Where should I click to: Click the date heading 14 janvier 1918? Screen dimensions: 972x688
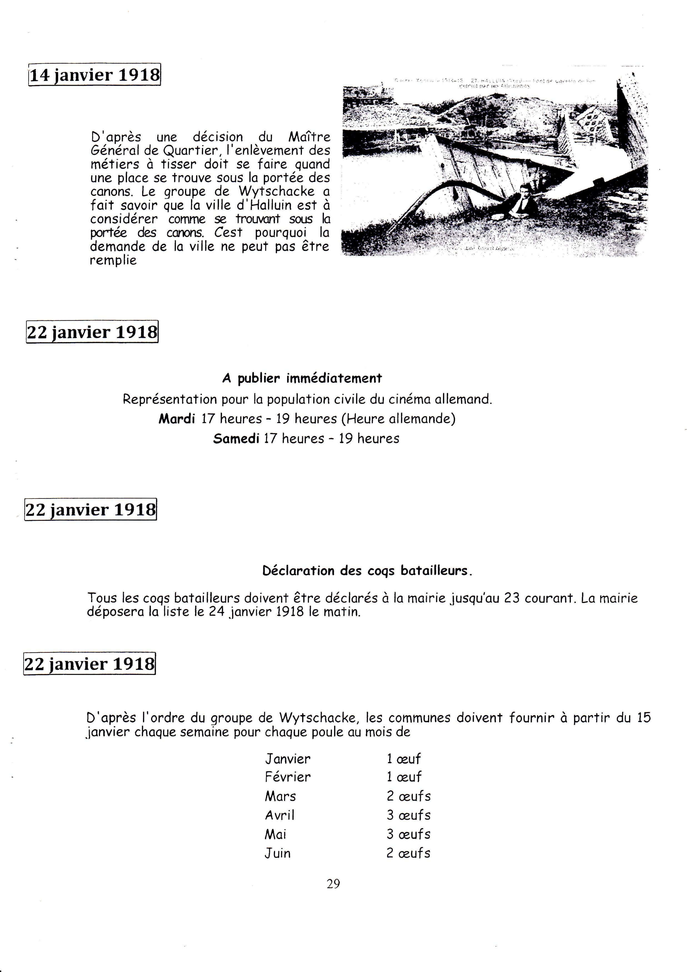94,75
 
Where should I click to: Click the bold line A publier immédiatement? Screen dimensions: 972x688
302,378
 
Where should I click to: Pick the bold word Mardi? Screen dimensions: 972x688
177,419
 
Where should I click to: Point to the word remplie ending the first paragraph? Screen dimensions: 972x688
113,260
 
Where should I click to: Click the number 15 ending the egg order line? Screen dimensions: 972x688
644,718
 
